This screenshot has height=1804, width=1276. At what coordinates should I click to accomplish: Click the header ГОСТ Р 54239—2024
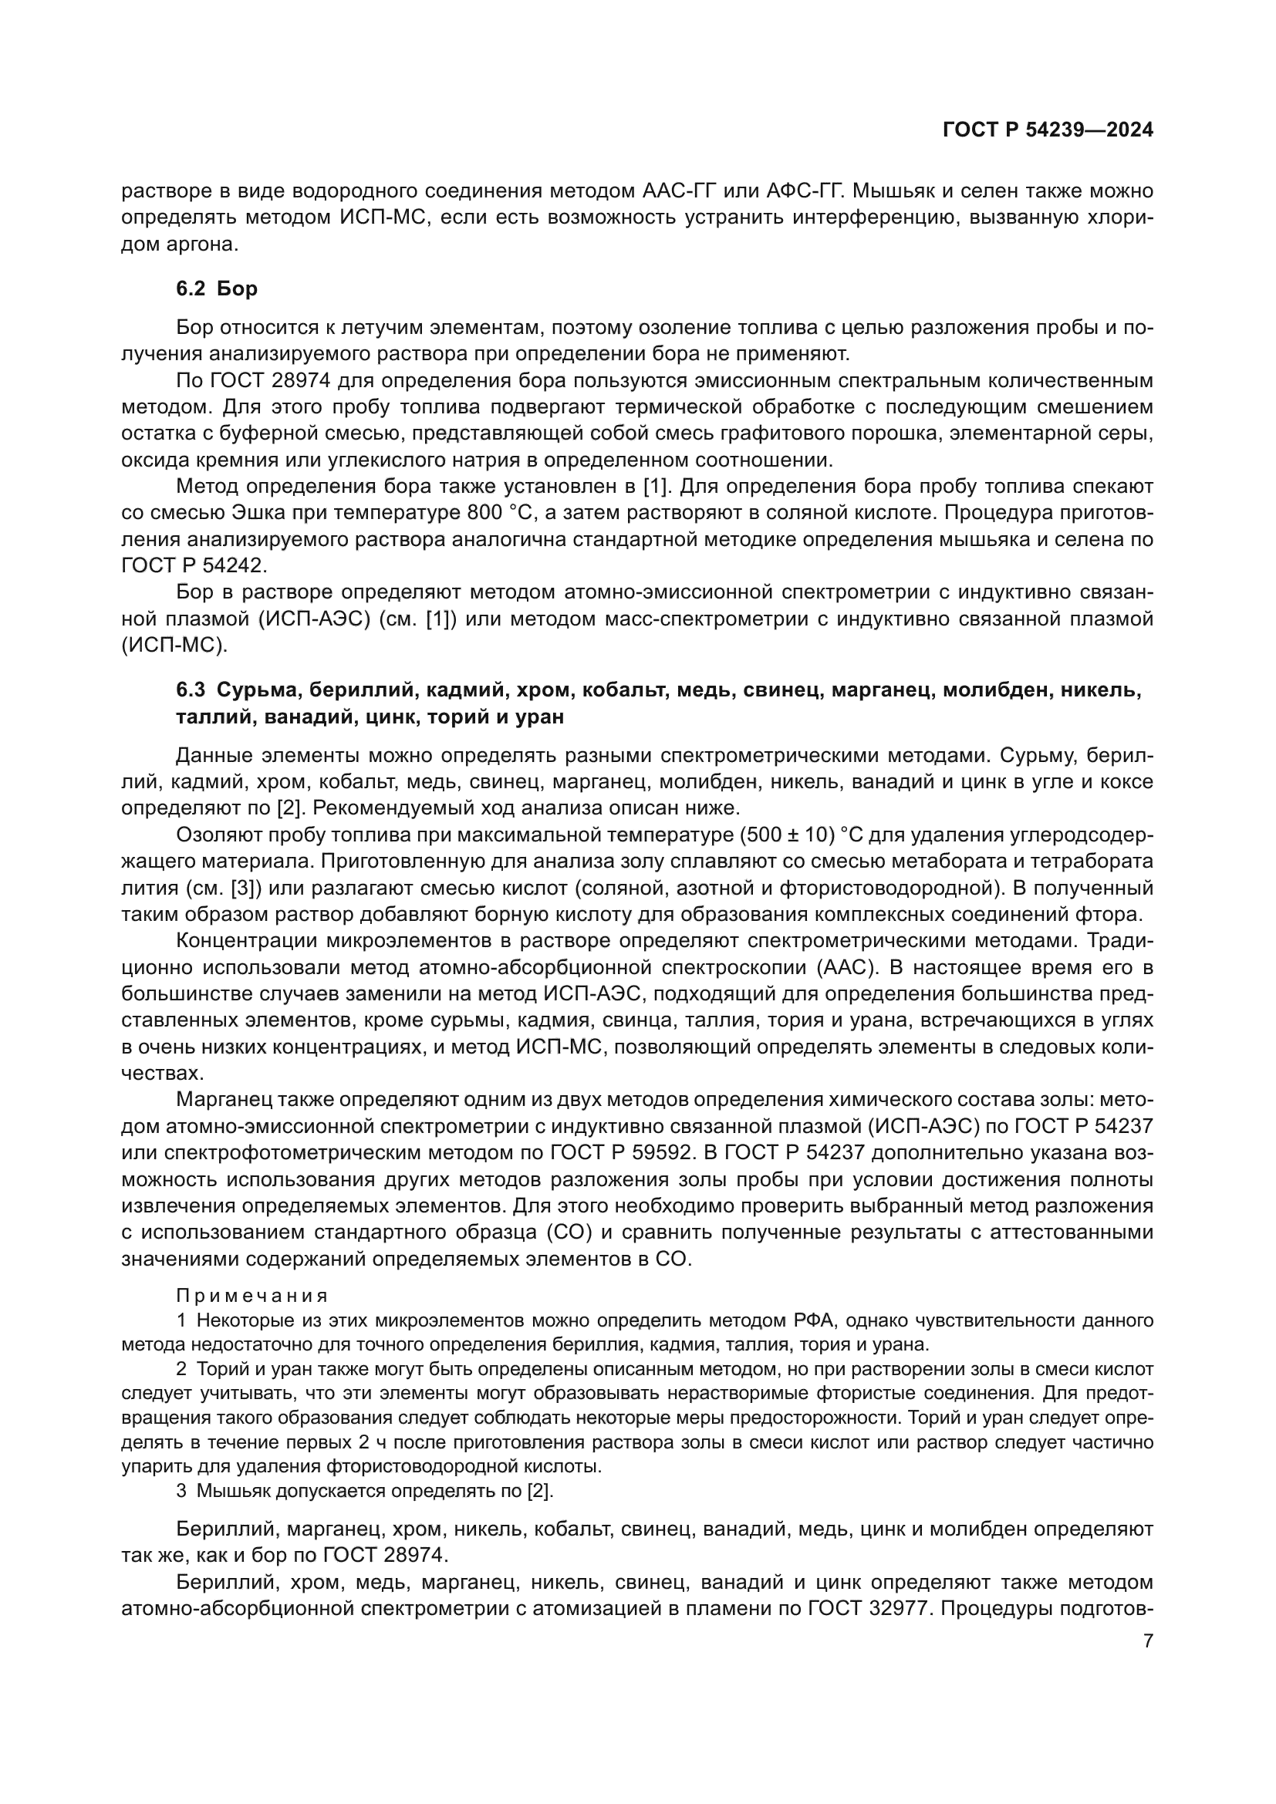pyautogui.click(x=1048, y=130)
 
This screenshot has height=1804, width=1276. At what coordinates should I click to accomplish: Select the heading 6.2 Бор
pyautogui.click(x=216, y=289)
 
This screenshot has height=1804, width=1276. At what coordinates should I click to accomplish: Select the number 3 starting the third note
pyautogui.click(x=181, y=1492)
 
